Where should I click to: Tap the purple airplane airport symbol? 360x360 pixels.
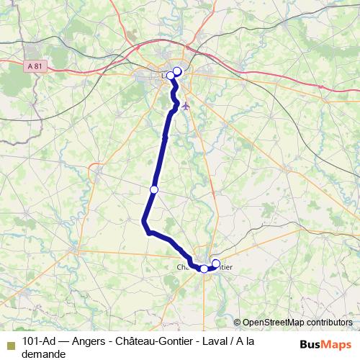[186, 106]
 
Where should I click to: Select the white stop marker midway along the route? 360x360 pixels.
[153, 189]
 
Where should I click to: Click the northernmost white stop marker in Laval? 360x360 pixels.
[177, 71]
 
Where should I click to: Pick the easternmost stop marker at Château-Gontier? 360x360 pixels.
[216, 264]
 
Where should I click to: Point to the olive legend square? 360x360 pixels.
[10, 343]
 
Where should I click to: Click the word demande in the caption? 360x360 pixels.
[44, 354]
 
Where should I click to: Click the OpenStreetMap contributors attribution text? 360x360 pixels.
[297, 323]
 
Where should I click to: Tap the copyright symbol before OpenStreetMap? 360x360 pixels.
[237, 323]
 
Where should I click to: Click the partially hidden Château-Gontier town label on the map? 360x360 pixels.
[204, 266]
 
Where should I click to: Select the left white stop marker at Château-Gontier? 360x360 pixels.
[204, 269]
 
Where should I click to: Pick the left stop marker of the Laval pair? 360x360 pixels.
[171, 75]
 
